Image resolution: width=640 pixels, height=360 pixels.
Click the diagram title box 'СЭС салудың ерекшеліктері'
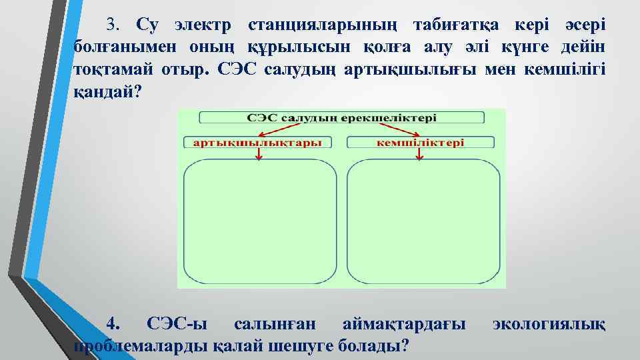click(x=341, y=117)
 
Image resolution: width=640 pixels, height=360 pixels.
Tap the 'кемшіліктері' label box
click(x=421, y=142)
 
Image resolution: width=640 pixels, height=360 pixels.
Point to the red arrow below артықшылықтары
click(x=259, y=154)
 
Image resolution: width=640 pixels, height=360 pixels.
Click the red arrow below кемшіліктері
click(x=419, y=154)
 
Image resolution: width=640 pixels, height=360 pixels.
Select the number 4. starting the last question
click(x=114, y=325)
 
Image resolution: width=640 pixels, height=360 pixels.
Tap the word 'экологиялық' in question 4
click(x=549, y=325)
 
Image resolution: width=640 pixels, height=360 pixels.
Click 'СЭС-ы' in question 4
click(x=176, y=325)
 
